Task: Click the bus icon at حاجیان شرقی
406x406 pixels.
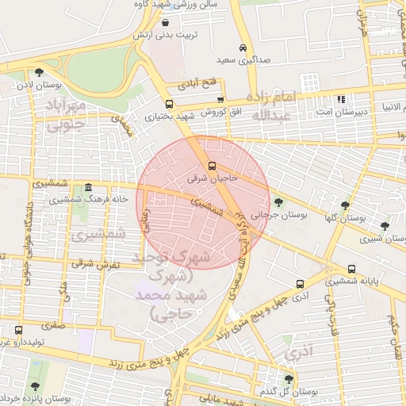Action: pos(212,166)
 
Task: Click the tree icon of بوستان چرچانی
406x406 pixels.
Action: pos(278,202)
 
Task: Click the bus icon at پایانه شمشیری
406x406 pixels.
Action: pos(351,270)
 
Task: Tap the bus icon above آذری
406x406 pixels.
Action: pos(300,284)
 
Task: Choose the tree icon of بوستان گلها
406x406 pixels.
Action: pos(345,204)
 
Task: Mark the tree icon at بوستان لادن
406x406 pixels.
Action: pos(39,73)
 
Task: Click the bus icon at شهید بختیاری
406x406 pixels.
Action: pos(169,104)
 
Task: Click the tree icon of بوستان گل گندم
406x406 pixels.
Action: pos(289,380)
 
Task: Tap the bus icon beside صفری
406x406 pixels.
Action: pos(18,329)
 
